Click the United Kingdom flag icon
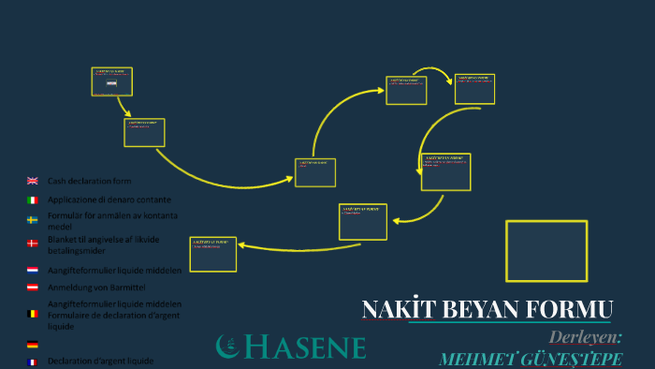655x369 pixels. click(x=32, y=181)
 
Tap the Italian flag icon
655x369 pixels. click(x=32, y=200)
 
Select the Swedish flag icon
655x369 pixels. click(x=32, y=220)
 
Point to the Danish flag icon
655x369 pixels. click(x=32, y=243)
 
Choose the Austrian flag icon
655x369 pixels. click(x=32, y=288)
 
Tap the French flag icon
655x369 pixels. click(x=32, y=362)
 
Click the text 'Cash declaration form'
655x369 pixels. click(x=90, y=181)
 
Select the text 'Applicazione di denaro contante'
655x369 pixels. click(x=109, y=199)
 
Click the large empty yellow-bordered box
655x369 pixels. click(x=546, y=250)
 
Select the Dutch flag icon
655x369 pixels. click(x=32, y=270)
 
